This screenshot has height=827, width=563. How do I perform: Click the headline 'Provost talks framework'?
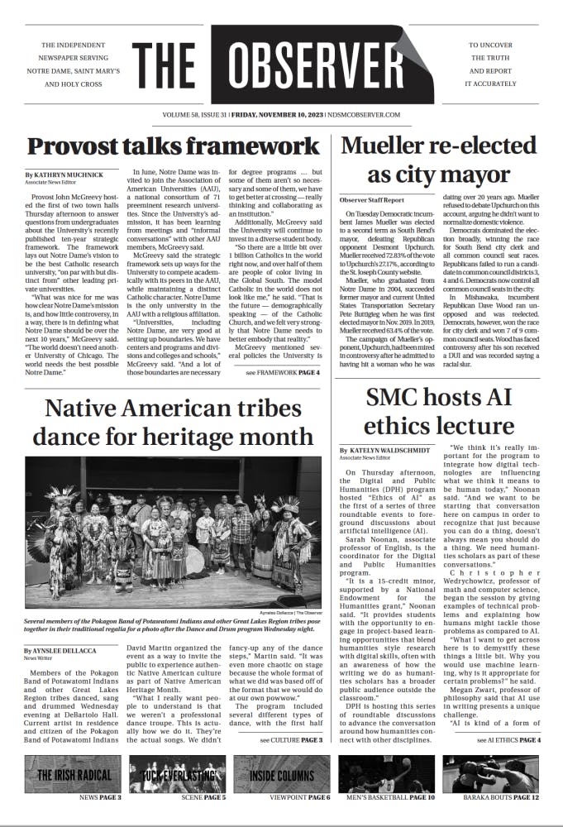pyautogui.click(x=173, y=147)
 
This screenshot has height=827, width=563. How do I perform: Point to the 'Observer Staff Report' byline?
pyautogui.click(x=372, y=200)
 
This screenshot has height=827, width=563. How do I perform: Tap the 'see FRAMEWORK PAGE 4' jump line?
pyautogui.click(x=283, y=373)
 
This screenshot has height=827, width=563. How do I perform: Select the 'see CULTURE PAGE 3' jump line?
pyautogui.click(x=291, y=739)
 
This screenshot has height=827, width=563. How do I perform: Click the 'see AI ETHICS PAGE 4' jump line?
pyautogui.click(x=508, y=739)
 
